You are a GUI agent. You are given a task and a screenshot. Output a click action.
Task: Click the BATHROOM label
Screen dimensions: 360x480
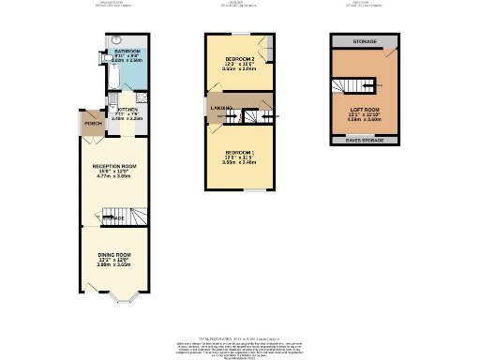click(127, 51)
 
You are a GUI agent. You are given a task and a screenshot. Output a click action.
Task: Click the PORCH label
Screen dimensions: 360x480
click(93, 124)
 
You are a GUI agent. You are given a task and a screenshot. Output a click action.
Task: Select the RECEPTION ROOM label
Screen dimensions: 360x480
click(114, 166)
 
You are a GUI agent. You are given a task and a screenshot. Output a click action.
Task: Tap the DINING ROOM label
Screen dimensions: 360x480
click(114, 255)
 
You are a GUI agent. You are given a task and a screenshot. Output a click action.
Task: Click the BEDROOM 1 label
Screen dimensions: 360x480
click(239, 152)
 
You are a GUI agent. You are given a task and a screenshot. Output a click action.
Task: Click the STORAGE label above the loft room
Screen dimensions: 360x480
click(365, 43)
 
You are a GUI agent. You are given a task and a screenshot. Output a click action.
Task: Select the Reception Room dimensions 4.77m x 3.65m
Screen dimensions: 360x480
click(114, 176)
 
